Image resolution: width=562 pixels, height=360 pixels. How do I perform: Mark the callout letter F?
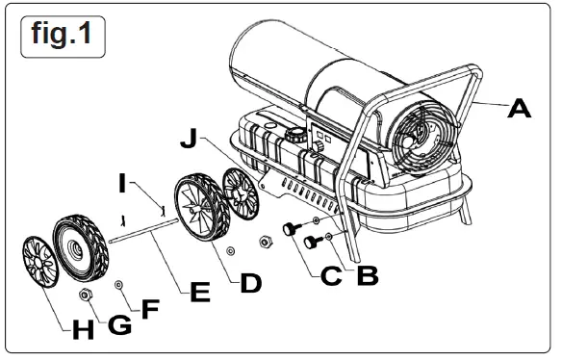(x=150, y=311)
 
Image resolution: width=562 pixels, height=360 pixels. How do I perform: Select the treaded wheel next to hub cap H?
(x=80, y=245)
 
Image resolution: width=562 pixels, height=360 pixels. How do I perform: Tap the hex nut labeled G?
(x=85, y=294)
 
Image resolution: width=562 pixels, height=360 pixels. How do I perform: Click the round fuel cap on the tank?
(x=297, y=136)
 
